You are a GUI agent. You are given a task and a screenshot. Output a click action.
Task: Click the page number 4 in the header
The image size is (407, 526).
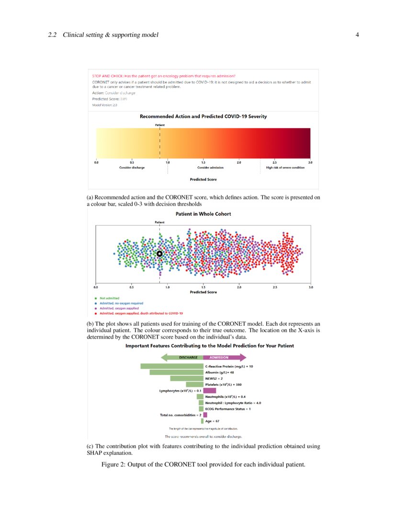coord(357,35)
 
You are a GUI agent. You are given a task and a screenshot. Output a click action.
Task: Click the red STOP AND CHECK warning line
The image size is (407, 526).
coord(163,76)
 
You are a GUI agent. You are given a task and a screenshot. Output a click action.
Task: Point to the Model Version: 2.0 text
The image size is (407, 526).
coord(104,105)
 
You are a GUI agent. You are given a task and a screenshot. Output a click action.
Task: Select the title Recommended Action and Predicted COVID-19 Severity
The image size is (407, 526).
coord(203,116)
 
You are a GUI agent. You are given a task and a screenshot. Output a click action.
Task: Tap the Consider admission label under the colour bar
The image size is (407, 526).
coord(210,168)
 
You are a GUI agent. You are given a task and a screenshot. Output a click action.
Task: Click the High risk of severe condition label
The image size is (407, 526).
coord(285,168)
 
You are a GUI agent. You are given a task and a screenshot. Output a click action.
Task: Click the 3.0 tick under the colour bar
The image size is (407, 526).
coord(310,163)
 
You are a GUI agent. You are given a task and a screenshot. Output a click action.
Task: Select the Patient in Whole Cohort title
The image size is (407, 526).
coord(203,214)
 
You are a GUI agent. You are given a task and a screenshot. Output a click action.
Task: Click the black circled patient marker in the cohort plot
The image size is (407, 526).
coord(160,253)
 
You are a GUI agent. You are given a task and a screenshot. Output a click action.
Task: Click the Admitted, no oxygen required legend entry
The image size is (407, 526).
coord(121,303)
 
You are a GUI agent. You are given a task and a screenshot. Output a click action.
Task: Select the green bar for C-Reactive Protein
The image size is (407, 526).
coord(172,366)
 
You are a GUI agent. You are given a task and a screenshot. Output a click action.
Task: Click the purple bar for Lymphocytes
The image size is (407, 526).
coord(209,390)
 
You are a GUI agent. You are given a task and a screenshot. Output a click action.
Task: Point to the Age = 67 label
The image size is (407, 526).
coord(212,421)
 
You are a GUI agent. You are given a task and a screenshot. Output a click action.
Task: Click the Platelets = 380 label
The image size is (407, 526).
coord(226,384)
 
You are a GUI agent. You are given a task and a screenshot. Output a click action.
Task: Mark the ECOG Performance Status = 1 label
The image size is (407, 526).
coord(228,409)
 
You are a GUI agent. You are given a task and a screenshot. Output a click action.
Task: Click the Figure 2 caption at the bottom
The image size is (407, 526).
coord(203,464)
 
